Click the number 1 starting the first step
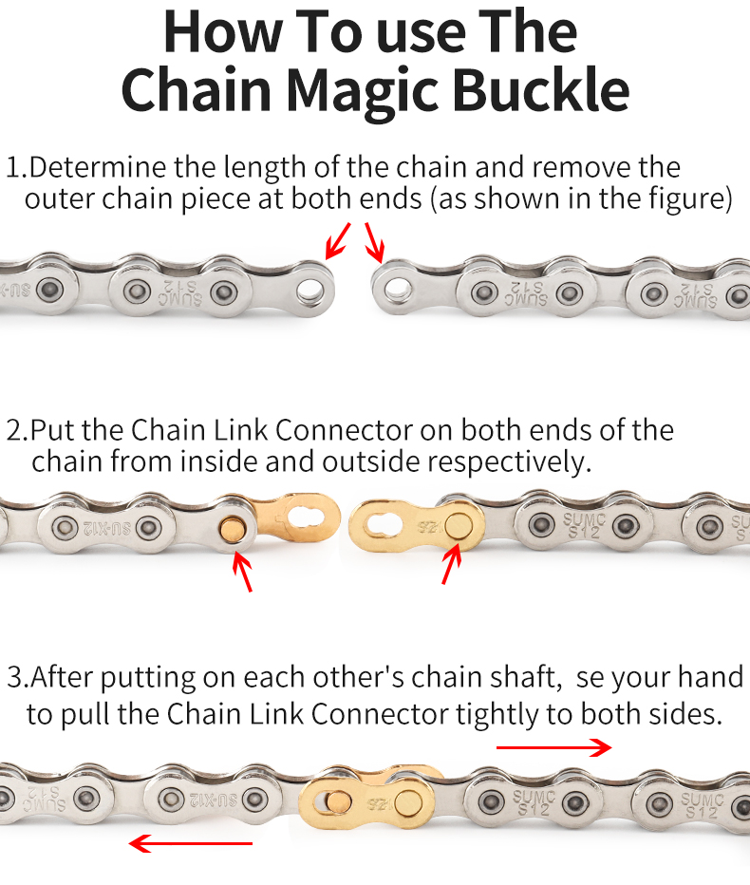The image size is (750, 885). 12,169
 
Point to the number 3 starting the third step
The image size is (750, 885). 14,679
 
